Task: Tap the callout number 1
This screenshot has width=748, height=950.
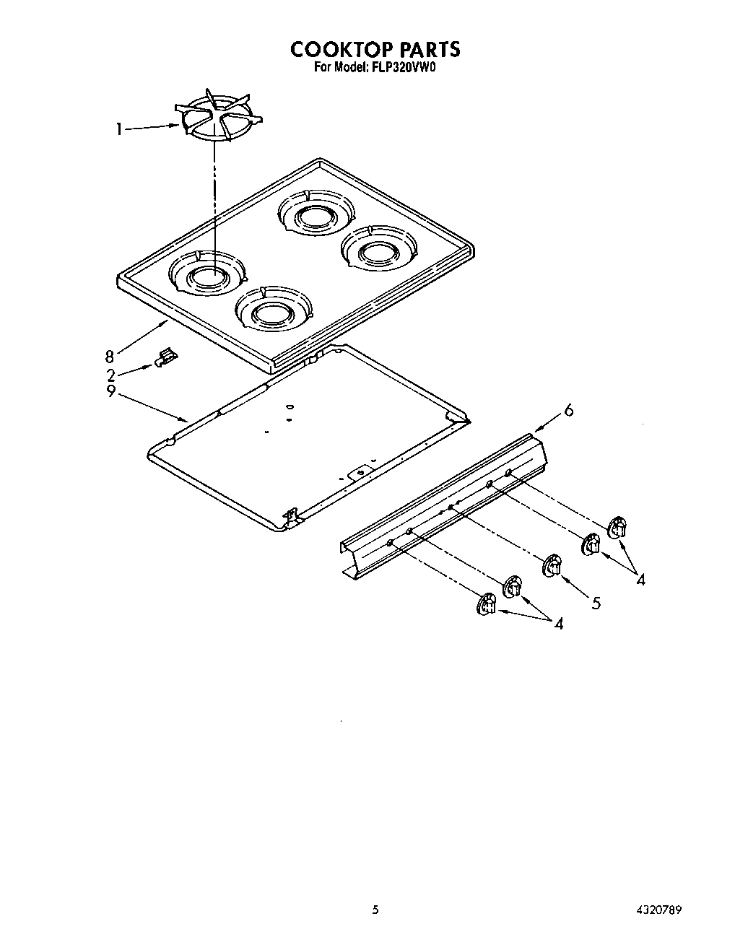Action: (118, 130)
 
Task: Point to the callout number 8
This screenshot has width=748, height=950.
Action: (110, 356)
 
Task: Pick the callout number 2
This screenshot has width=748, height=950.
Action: (111, 375)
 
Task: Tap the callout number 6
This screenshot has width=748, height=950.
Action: (568, 411)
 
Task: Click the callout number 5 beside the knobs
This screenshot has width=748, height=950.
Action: (596, 602)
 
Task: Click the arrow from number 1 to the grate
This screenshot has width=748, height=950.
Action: (152, 128)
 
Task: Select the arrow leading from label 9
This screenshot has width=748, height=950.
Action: (152, 406)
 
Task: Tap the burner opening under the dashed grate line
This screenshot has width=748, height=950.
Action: (208, 275)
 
